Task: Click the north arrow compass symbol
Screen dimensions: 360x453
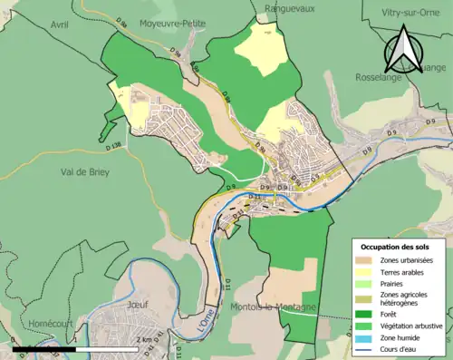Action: click(404, 49)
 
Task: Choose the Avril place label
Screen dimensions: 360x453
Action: click(60, 24)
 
